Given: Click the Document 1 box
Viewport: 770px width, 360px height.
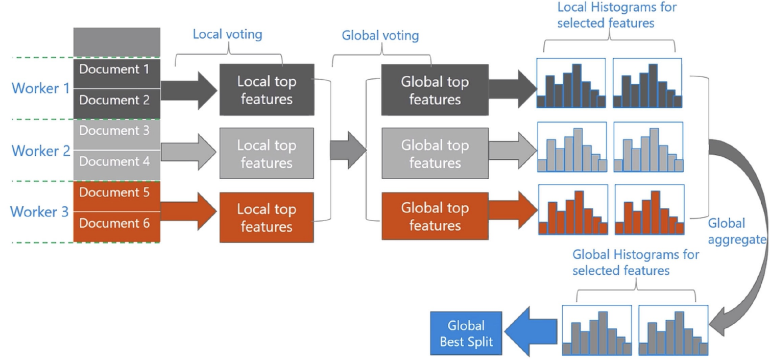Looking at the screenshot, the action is pos(117,74).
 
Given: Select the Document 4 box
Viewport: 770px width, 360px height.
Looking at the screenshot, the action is pos(117,165).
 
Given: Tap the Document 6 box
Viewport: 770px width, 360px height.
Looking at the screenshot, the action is pos(117,227).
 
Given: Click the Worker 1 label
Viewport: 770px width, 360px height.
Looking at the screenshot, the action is pos(40,88).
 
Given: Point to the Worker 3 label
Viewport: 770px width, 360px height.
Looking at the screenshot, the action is pos(39,212).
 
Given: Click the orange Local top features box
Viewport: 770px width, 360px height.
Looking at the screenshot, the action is pos(267,218).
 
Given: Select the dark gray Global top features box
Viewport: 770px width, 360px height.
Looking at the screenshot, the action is pos(435,90).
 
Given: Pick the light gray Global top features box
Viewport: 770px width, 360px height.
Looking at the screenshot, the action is pos(435,153).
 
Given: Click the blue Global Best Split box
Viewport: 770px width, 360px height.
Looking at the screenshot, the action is pos(466,333).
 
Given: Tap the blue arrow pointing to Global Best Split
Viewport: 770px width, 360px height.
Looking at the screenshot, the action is pos(531,331).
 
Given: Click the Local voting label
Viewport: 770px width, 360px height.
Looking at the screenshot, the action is pos(227,34).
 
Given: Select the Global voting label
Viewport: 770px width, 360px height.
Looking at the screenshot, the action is pos(380,36).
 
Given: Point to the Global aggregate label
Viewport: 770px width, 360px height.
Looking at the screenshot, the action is pos(737,231).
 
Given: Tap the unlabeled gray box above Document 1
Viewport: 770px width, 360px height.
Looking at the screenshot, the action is pos(117,42).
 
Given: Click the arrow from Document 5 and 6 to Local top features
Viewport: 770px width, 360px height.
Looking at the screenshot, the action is pos(188,211).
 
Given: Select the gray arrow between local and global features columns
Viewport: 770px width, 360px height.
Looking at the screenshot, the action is pos(348,150).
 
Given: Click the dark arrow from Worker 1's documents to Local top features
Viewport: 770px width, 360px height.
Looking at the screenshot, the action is pos(189,91).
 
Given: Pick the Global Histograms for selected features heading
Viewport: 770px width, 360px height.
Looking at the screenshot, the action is pos(636,262).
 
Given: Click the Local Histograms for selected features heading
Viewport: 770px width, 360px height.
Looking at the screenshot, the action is pos(617,15).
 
